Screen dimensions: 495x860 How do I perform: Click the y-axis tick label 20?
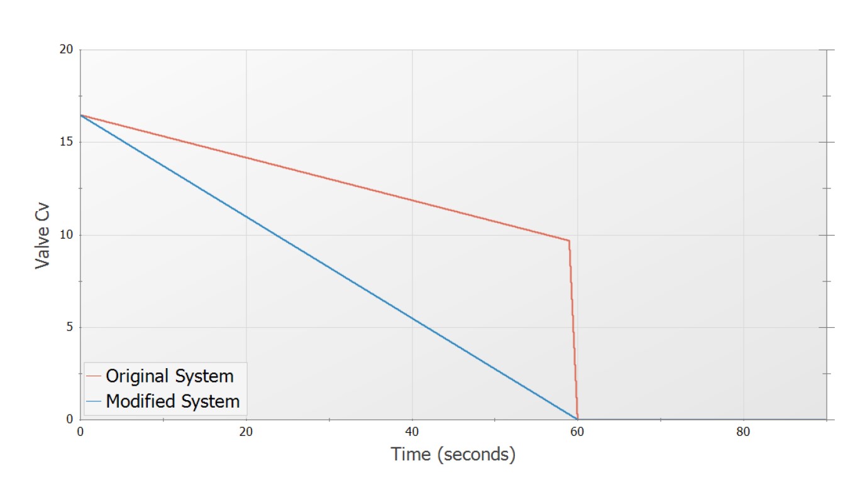pos(65,50)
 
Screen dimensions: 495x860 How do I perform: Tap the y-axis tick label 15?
pos(65,142)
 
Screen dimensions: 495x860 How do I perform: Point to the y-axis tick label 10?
pos(65,235)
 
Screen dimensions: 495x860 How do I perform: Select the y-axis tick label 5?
pos(69,327)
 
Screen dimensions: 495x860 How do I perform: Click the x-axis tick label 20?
pos(246,432)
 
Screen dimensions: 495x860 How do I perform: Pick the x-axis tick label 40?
pos(412,432)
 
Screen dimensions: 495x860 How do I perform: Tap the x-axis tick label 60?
pos(578,432)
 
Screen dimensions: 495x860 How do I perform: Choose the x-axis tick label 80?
pos(744,432)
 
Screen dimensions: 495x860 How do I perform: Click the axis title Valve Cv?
pos(43,234)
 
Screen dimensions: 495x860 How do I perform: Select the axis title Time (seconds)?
pos(453,454)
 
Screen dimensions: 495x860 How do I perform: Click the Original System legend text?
pos(170,376)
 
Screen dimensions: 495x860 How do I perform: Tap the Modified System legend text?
pos(173,401)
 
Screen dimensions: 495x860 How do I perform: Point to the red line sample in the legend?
pos(94,376)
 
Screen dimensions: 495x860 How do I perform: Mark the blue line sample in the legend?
pos(94,401)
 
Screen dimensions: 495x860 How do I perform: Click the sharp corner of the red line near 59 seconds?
pos(569,241)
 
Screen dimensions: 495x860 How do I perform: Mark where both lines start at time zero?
pos(80,115)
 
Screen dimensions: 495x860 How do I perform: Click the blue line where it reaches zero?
pos(577,419)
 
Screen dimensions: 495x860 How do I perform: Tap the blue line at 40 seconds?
pos(412,318)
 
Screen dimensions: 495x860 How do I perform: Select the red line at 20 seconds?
pos(246,158)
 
